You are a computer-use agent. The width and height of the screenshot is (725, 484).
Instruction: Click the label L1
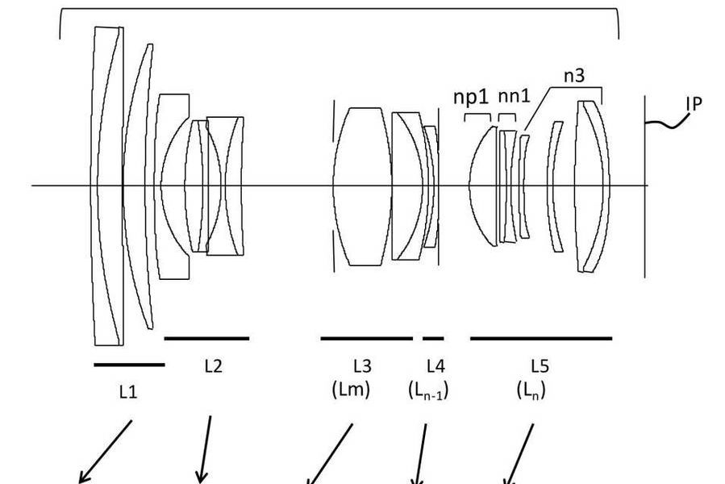click(128, 392)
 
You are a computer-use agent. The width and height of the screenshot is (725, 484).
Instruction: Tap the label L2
click(213, 366)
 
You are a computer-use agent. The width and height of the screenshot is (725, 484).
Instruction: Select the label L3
click(363, 366)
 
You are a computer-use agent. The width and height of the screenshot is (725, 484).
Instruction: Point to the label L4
click(435, 366)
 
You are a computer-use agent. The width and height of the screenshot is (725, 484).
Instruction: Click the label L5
click(540, 366)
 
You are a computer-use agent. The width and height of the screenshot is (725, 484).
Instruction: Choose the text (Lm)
click(351, 390)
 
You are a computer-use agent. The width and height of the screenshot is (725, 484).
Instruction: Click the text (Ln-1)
click(428, 390)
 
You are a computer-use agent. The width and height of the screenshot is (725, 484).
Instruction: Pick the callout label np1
click(471, 97)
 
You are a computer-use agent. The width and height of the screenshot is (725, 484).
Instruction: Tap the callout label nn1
click(514, 96)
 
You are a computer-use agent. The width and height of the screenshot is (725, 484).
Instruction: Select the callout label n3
click(574, 75)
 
